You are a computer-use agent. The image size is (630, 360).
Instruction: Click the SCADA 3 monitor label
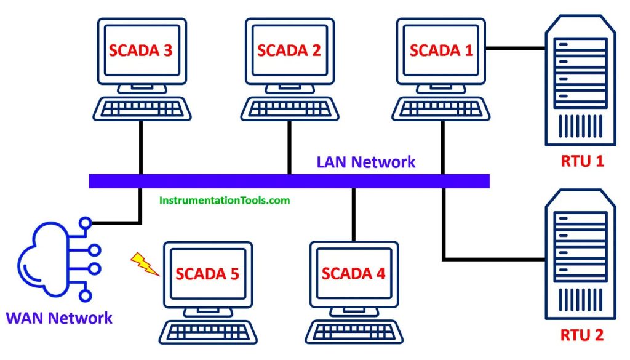click(x=141, y=50)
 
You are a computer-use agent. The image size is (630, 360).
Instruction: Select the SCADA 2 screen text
click(x=289, y=50)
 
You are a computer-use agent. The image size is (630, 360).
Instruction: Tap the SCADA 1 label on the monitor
click(x=441, y=50)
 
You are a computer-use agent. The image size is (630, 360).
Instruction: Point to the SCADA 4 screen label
click(x=353, y=273)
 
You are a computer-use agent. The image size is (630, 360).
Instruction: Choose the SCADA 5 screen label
click(x=207, y=273)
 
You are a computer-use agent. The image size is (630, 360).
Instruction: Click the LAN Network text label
click(x=366, y=162)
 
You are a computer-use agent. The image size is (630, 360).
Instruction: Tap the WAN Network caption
click(x=59, y=318)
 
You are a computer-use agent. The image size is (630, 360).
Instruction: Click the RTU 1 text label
click(x=582, y=161)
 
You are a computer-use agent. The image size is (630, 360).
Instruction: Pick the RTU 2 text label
click(x=582, y=335)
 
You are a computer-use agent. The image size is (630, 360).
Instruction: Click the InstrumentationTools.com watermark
click(x=225, y=200)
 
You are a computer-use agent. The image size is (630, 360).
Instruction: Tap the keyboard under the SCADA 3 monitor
click(x=142, y=110)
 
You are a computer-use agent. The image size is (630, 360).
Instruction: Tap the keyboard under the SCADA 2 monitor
click(x=289, y=110)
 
